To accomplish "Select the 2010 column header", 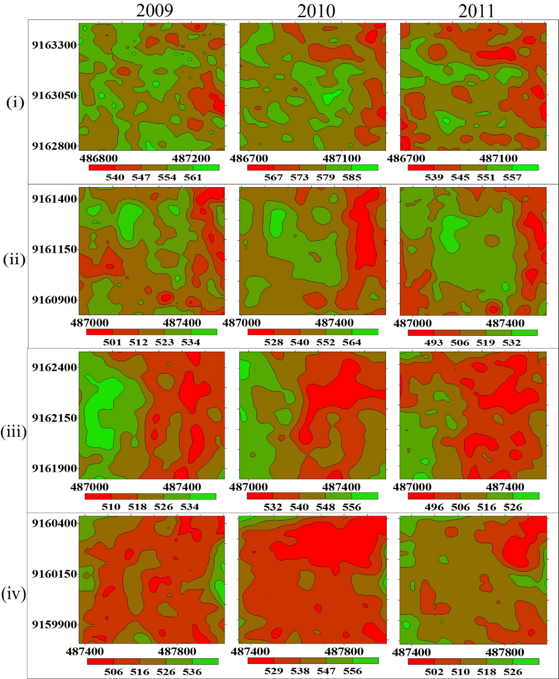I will [316, 11].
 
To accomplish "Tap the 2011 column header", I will [476, 11].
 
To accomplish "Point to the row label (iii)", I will [14, 432].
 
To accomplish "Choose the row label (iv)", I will [14, 594].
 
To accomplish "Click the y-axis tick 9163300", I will [54, 45].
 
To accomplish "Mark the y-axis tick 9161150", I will [54, 249].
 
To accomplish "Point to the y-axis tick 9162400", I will [54, 367].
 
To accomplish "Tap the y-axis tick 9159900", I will [54, 625].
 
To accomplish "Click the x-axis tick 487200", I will [191, 158].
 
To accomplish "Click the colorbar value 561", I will [193, 177].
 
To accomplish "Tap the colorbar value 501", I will [112, 342].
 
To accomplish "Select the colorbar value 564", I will [352, 342].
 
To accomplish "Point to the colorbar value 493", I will [433, 342].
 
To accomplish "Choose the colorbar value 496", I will [434, 507].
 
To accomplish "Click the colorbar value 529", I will [274, 671].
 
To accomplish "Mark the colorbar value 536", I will [192, 672].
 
